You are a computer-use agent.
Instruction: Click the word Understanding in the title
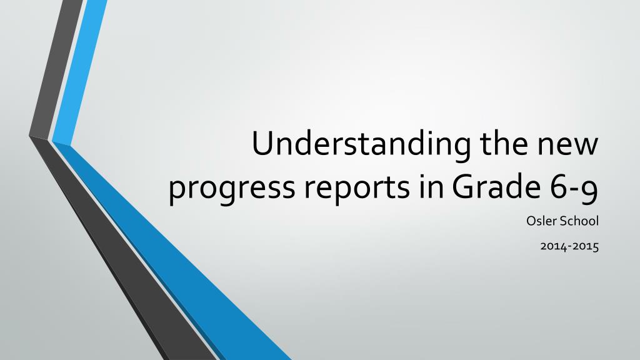coord(361,145)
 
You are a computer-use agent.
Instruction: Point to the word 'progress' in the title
coord(231,190)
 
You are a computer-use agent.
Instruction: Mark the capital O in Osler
coord(531,221)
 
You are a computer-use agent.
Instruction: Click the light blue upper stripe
coord(79,71)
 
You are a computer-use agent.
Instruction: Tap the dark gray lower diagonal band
coord(122,249)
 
